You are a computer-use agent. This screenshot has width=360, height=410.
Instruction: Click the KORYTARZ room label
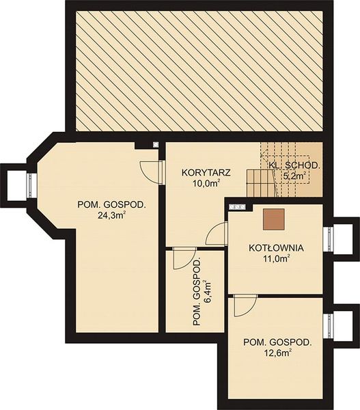point(206,173)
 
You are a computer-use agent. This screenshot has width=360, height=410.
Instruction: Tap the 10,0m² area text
point(206,183)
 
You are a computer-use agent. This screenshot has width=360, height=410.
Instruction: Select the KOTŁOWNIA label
point(276,247)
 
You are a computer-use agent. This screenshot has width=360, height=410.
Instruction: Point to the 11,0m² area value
point(276,258)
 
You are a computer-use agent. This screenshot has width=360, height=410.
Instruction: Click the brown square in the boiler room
point(274,219)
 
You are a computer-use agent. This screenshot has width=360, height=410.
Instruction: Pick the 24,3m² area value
point(111,215)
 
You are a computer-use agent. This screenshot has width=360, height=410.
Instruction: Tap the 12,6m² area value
point(277,353)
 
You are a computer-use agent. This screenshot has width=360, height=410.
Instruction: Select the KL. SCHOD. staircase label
point(294,165)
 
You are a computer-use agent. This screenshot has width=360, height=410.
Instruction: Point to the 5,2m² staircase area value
point(294,176)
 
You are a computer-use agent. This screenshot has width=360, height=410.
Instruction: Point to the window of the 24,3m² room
point(31,186)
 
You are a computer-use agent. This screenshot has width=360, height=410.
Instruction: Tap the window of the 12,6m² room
point(328,326)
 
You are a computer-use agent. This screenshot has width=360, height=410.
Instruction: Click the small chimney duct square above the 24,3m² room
point(156,144)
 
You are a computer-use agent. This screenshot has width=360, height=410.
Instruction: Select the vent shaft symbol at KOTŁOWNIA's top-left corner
point(237,207)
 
